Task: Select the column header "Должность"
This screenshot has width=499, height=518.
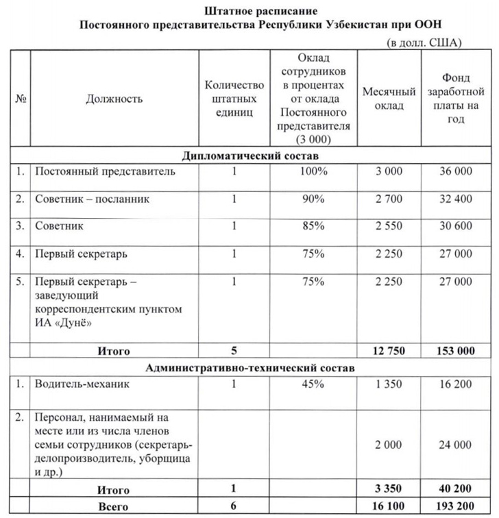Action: point(114,99)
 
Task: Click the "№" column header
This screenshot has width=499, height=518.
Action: point(21,99)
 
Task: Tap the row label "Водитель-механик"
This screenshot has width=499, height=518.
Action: point(82,384)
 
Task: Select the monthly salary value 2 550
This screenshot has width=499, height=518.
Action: point(389,226)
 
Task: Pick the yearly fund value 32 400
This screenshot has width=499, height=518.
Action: point(455,199)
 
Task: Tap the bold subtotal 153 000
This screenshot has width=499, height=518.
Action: point(455,351)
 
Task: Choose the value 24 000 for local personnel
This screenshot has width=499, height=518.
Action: point(455,445)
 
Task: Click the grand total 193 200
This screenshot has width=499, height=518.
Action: point(455,506)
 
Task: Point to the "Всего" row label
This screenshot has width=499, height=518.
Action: point(114,506)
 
